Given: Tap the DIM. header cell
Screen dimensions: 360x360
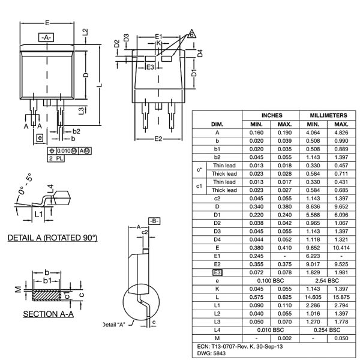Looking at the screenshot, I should click(x=217, y=124).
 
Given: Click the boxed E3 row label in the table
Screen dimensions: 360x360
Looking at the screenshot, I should click(x=217, y=272).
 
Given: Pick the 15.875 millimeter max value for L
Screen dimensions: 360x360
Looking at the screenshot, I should click(x=341, y=297).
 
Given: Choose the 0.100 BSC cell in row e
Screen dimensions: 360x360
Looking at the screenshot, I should click(x=271, y=280).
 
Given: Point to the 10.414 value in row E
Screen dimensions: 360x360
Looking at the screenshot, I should click(x=341, y=247).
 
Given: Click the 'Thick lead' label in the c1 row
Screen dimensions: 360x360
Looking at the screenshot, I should click(x=224, y=190).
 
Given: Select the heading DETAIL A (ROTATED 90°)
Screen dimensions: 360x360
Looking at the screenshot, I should click(x=52, y=238).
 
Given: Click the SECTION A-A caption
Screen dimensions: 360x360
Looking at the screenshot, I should click(x=48, y=314).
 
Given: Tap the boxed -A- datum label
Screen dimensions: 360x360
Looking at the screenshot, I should click(x=46, y=37).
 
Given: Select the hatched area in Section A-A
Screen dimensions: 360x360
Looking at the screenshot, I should click(x=46, y=296).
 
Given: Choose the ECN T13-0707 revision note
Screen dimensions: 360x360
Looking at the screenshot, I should click(x=240, y=346).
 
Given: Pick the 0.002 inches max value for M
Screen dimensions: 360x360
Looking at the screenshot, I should click(x=284, y=338).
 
